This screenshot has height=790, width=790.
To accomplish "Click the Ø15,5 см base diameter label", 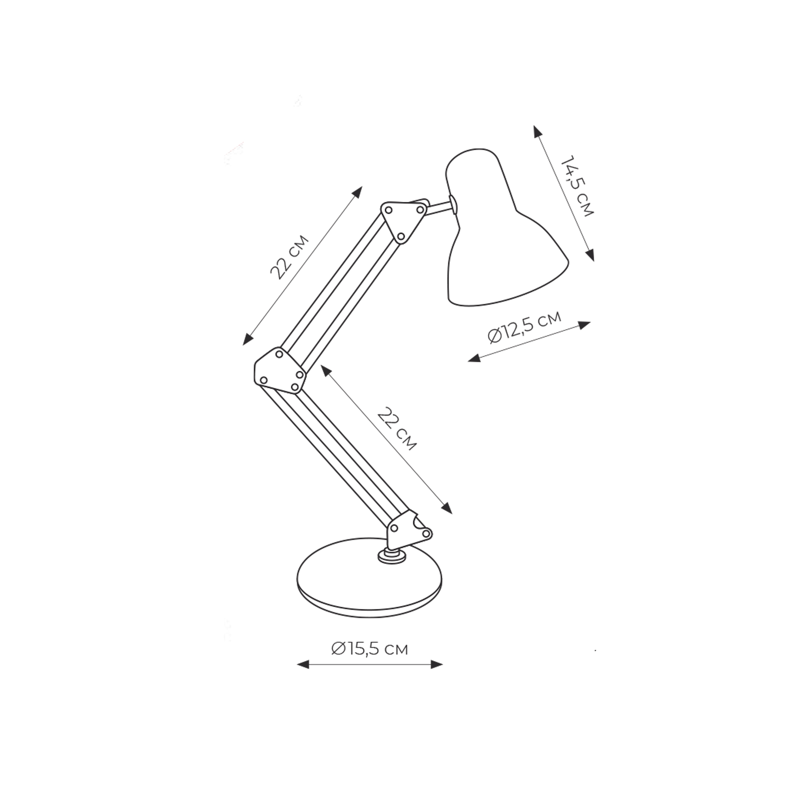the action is click(370, 649).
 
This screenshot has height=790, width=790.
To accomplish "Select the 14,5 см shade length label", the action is click(577, 186).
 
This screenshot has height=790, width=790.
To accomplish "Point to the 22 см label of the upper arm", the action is click(290, 257).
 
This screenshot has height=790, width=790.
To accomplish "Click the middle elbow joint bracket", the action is click(280, 371).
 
